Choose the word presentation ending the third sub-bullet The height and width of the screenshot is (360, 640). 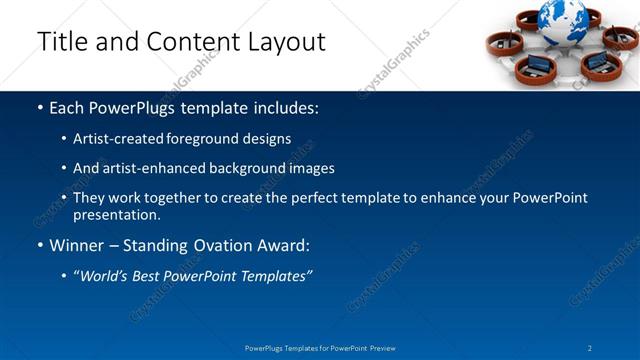[116, 214]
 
